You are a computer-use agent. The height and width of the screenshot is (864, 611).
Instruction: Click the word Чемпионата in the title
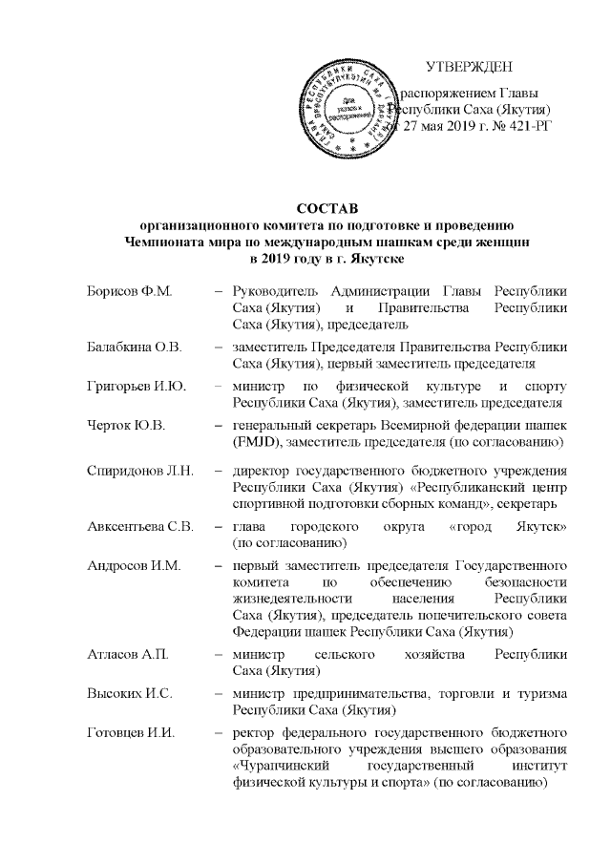[x=175, y=243]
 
